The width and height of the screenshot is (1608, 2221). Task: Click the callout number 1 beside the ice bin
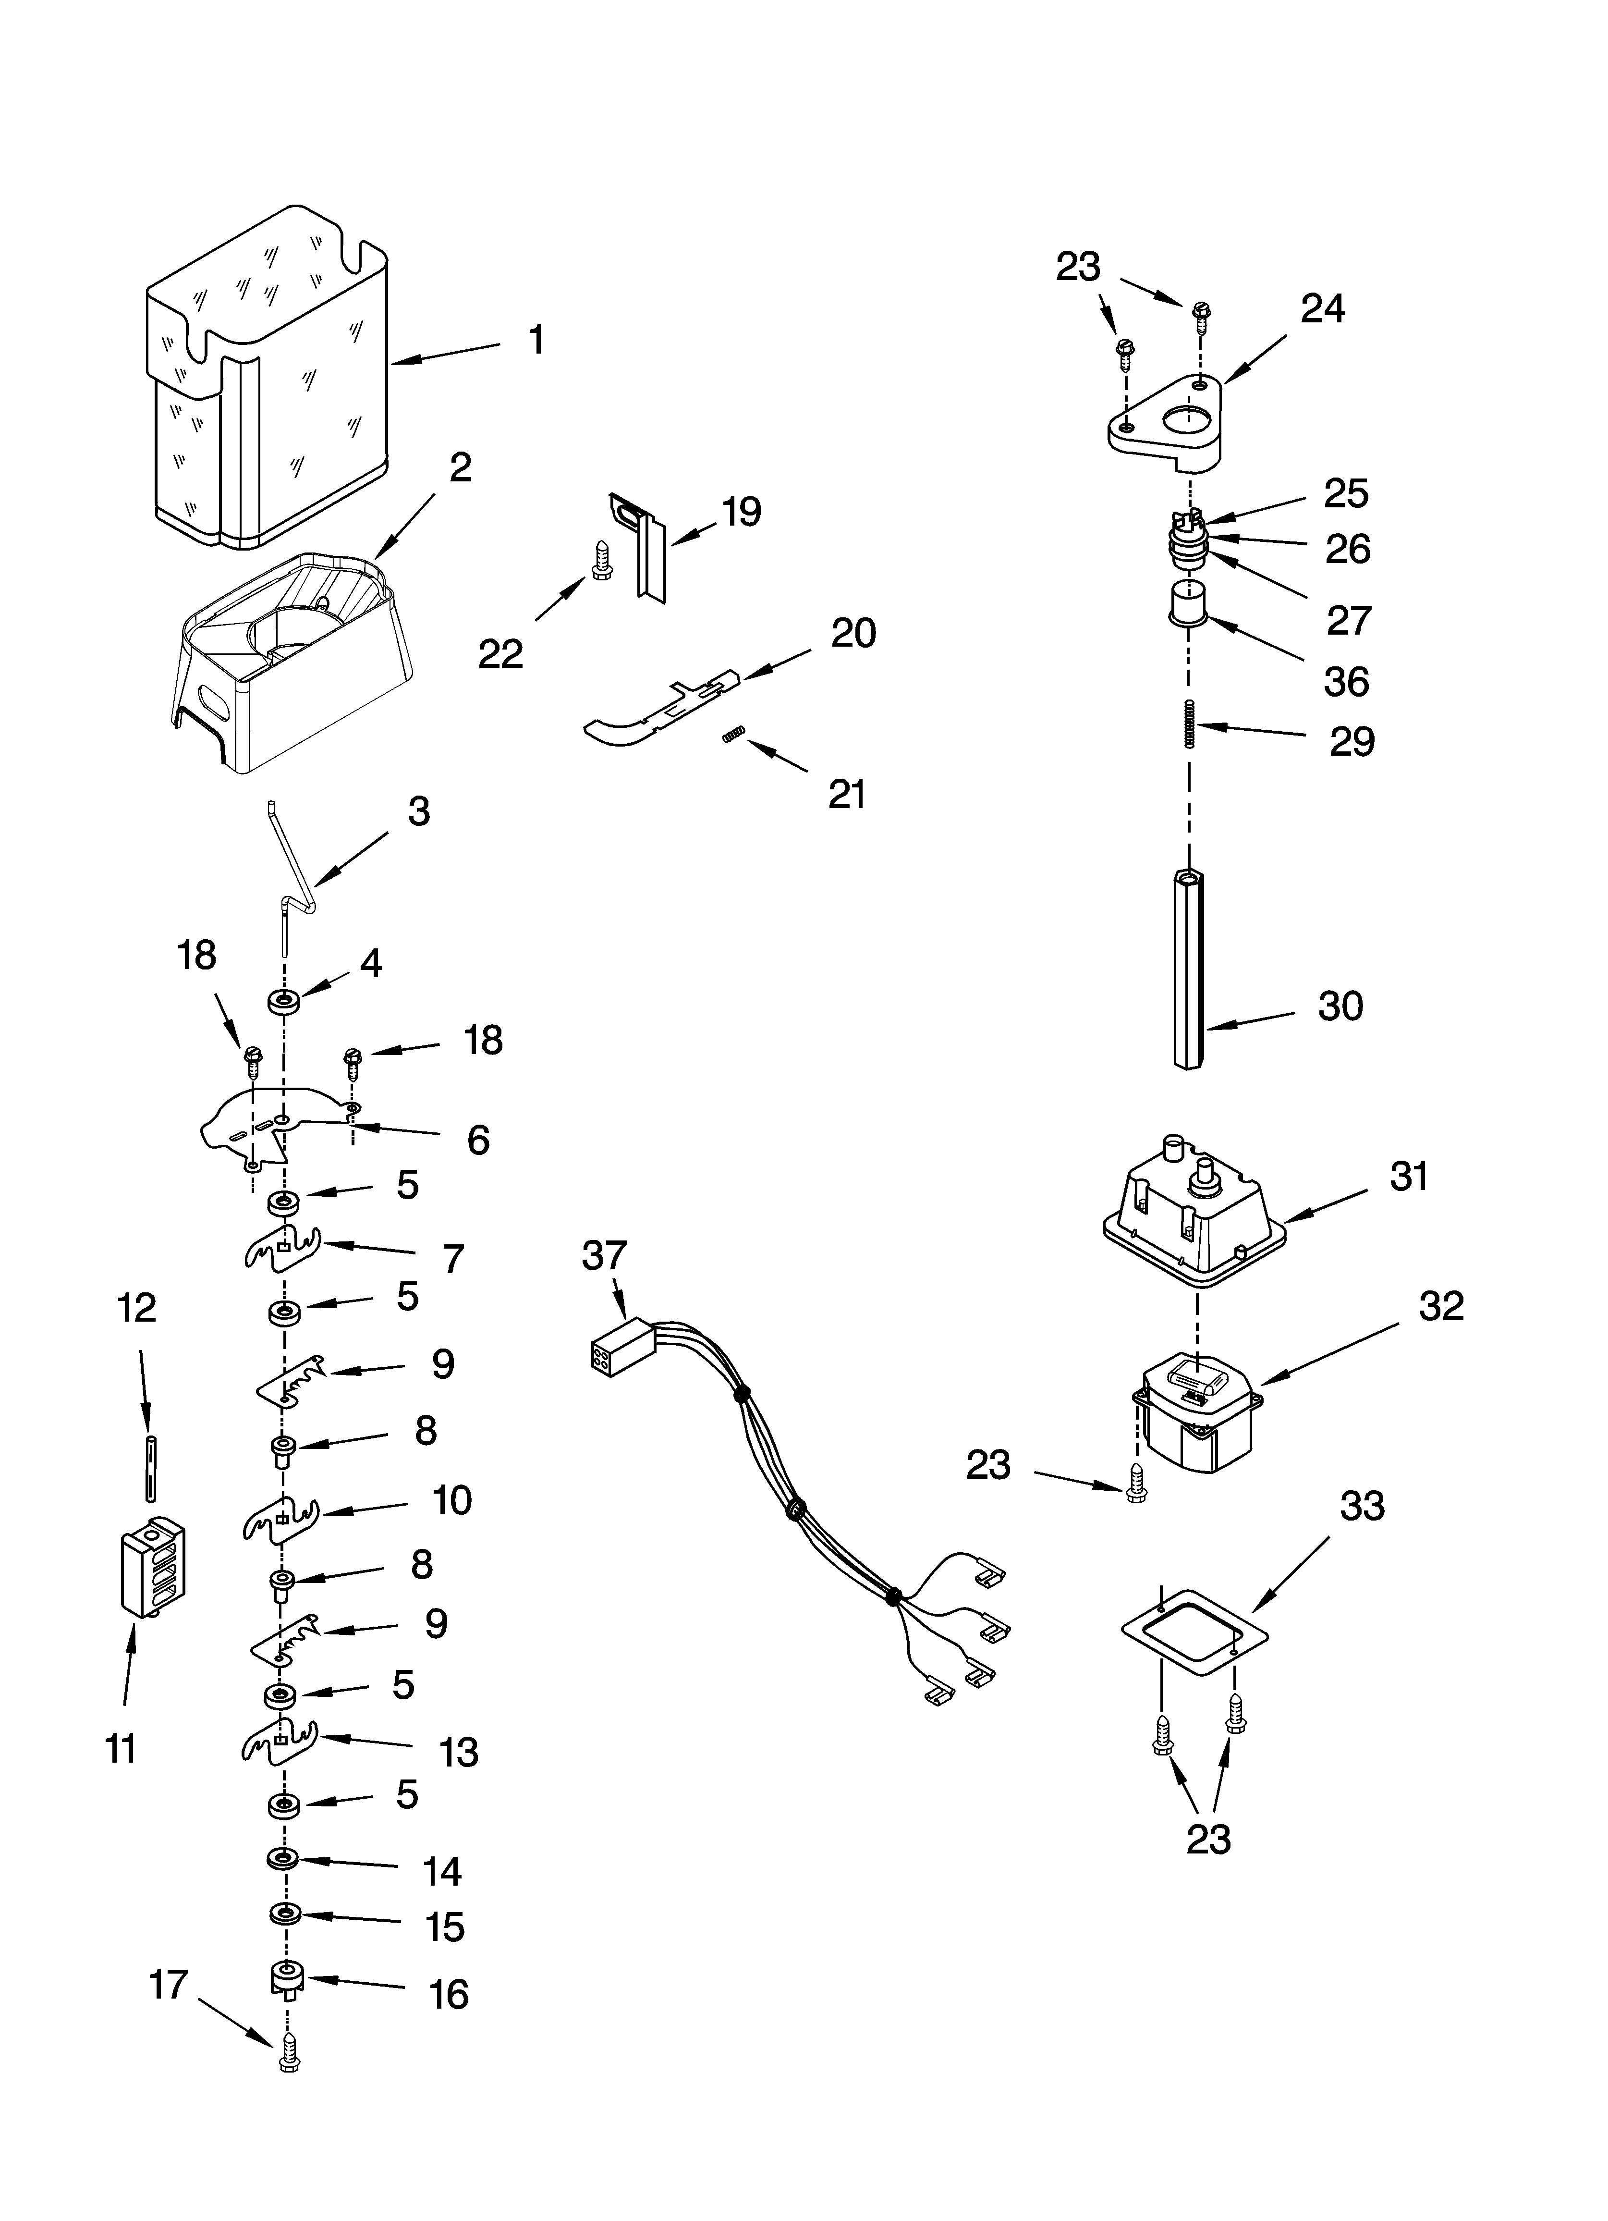[536, 341]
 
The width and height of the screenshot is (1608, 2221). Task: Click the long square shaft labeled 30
[1188, 969]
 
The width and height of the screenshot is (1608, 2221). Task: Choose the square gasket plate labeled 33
[1194, 1632]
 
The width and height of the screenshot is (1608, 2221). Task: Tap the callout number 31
[1408, 1176]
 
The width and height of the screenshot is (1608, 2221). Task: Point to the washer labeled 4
[285, 1002]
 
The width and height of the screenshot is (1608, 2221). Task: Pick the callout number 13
[458, 1752]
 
